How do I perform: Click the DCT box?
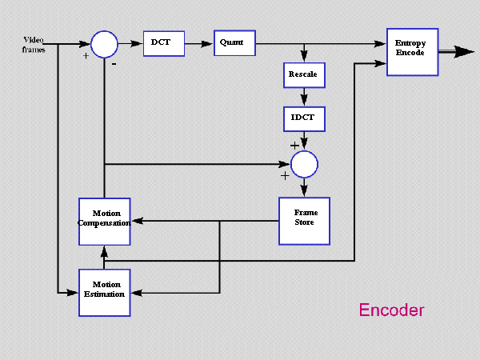tap(164, 43)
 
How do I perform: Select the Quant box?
tap(234, 43)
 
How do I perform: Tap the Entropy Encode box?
tap(413, 51)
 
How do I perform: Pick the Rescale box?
tap(303, 74)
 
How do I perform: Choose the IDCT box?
tap(303, 119)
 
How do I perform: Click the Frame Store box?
tap(305, 219)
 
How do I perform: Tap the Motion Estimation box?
tap(104, 290)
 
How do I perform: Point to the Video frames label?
tap(34, 44)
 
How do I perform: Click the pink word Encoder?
tap(391, 310)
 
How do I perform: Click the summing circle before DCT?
tap(104, 43)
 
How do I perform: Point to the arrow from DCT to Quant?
tap(199, 43)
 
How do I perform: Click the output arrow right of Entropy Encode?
tap(457, 51)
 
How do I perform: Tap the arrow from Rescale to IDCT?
tap(303, 97)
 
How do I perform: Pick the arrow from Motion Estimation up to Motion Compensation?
tap(104, 254)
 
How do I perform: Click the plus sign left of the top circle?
tap(86, 57)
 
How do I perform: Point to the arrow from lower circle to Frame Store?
tap(304, 186)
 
